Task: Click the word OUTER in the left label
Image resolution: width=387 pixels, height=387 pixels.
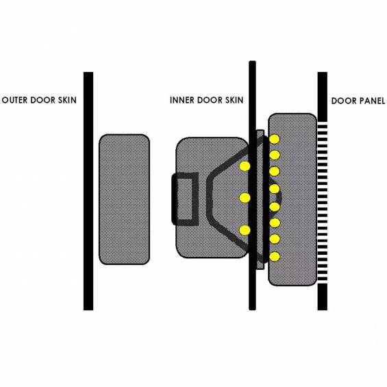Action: coord(15,100)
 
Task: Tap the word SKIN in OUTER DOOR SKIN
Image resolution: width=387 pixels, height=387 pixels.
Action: coord(67,100)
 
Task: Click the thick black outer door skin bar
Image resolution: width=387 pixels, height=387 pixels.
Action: coord(88,191)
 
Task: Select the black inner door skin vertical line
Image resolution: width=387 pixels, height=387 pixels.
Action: coord(252,186)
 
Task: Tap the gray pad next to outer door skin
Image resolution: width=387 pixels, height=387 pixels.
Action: coord(124,199)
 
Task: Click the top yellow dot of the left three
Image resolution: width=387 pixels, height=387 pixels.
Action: coord(245,166)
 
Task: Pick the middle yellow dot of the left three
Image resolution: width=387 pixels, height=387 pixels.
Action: coord(245,198)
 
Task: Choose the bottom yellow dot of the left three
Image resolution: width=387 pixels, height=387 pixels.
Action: coord(245,230)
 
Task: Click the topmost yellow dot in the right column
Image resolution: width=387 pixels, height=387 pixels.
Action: coord(275,139)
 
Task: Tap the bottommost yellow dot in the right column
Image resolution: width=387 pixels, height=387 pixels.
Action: coord(275,256)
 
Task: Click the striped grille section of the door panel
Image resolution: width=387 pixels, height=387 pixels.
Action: coord(323,202)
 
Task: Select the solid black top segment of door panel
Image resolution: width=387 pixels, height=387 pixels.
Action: coord(323,97)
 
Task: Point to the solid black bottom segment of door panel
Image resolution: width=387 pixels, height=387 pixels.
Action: coord(323,297)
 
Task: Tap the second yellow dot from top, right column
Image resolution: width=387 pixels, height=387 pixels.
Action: coord(275,155)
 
